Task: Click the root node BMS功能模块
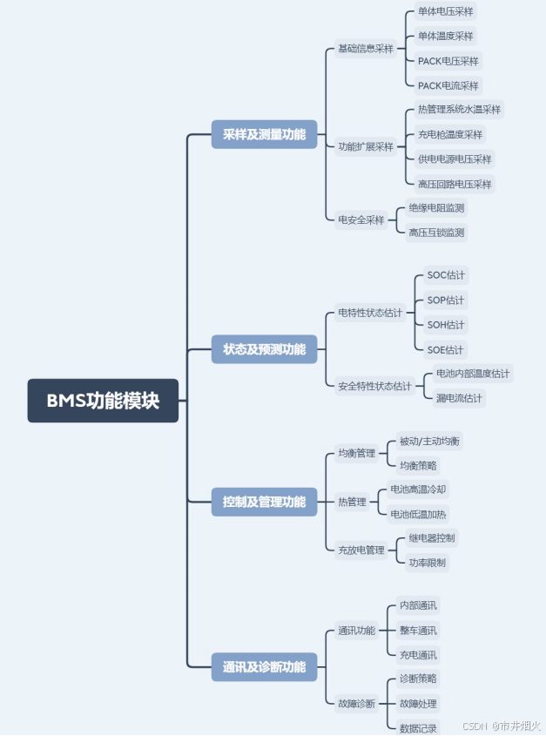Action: coord(103,401)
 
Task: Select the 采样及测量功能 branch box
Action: coord(264,135)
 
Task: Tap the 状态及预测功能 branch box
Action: coord(264,349)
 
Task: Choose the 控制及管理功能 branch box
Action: coord(264,502)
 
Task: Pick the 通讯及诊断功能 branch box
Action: coord(264,667)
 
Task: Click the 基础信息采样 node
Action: coord(366,49)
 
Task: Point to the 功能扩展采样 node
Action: coord(366,146)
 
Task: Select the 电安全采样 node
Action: coord(361,220)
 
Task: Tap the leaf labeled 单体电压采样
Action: coord(446,12)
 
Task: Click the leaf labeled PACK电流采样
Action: coord(448,85)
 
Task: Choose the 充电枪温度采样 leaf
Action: coord(450,134)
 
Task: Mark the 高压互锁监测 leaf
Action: coord(437,232)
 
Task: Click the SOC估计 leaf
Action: coord(446,275)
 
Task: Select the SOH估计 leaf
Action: coord(446,325)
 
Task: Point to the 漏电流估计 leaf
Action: coord(460,398)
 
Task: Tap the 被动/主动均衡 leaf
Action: coord(429,441)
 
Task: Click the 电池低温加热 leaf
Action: coord(419,514)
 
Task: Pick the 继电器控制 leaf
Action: coord(432,537)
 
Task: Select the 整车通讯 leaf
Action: coord(418,630)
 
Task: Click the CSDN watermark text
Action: coord(474,726)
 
